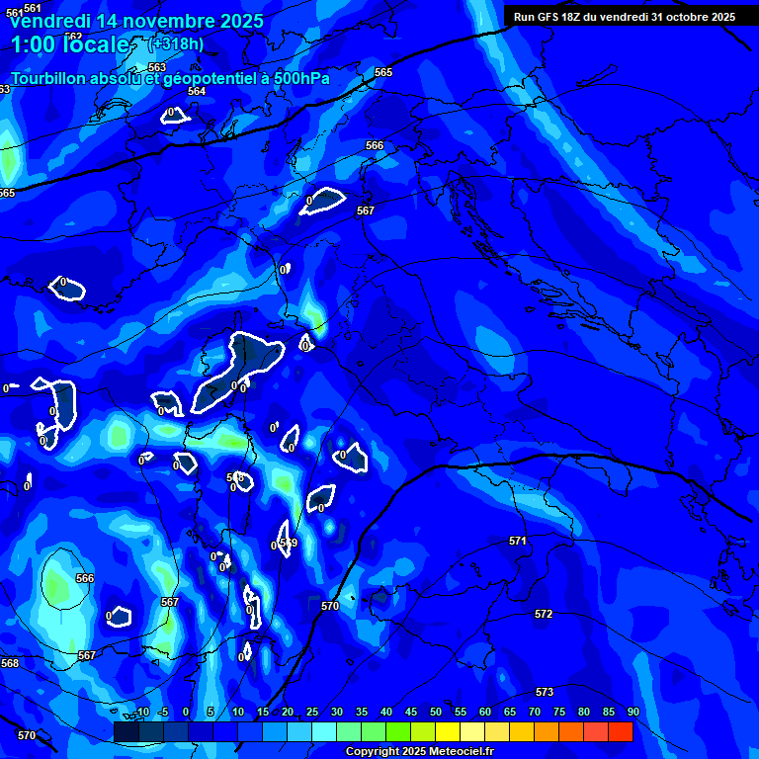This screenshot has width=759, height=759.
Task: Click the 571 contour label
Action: point(518,541)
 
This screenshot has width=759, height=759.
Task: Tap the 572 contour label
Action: point(544,614)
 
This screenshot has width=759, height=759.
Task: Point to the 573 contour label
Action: point(545,692)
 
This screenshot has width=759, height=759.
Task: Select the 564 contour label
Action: point(197,91)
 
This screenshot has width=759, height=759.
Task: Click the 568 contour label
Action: point(10,663)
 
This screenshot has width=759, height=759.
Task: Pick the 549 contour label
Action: point(289,543)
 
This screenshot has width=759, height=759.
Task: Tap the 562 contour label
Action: point(73,38)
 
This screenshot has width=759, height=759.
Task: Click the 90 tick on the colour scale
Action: point(632,712)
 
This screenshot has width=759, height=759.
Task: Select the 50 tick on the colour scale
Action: point(435,712)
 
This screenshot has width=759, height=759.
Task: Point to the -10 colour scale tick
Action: point(140,712)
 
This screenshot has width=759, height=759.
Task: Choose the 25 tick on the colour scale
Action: point(311,712)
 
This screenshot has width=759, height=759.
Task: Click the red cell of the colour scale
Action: point(621,731)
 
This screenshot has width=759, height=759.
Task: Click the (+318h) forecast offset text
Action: point(175,44)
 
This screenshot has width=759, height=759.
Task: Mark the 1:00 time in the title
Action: point(33,45)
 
